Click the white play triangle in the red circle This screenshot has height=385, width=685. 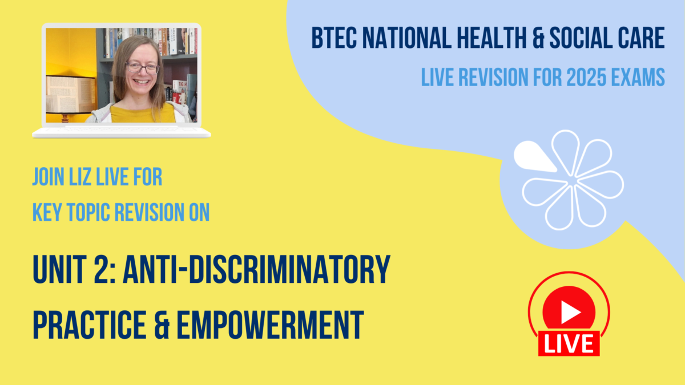pyautogui.click(x=569, y=311)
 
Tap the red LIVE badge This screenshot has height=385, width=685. pyautogui.click(x=569, y=343)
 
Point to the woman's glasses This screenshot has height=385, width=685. pyautogui.click(x=142, y=67)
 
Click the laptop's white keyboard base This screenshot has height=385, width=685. pyautogui.click(x=121, y=132)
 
